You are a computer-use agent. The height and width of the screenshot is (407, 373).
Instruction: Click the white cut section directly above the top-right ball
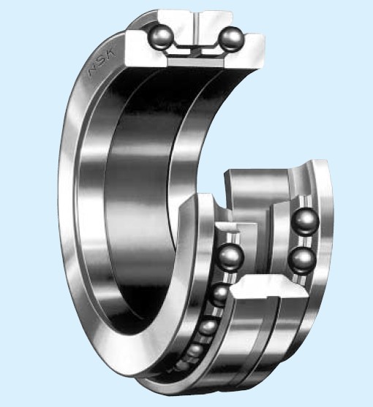[x=223, y=18]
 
